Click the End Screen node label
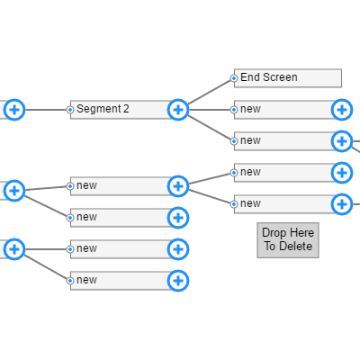269,77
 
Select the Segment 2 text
103,109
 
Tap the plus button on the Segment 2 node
178,110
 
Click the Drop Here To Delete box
288,239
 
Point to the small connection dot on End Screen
234,78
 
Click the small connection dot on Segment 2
71,110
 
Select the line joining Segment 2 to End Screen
208,93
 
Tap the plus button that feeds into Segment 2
14,110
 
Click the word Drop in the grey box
274,233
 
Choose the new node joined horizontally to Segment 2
279,110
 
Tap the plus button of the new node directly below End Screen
342,110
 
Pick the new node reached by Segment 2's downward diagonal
279,141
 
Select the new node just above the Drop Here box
279,204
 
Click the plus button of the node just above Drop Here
342,204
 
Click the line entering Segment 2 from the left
45,110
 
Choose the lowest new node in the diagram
117,281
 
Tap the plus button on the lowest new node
178,281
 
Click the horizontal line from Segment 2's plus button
211,110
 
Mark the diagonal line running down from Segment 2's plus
210,126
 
